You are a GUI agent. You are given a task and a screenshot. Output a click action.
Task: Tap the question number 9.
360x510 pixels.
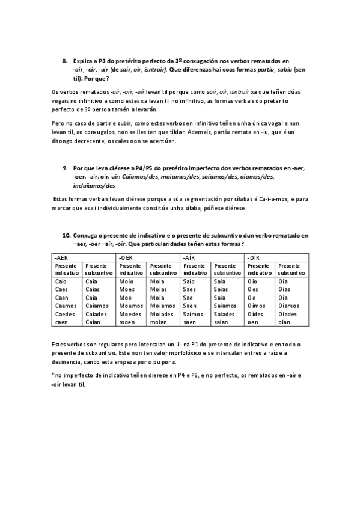pyautogui.click(x=64, y=169)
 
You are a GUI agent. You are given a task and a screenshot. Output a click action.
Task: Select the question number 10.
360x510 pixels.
pyautogui.click(x=66, y=235)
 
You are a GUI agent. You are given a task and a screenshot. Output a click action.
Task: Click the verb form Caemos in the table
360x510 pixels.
pyautogui.click(x=64, y=306)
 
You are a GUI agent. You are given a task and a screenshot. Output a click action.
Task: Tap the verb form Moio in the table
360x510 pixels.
pyautogui.click(x=126, y=281)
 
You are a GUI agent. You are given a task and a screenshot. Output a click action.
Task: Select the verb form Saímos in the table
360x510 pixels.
pyautogui.click(x=192, y=314)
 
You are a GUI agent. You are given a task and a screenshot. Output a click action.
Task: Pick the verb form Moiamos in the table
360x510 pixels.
pyautogui.click(x=161, y=306)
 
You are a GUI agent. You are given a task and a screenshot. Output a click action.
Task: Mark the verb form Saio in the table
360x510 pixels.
pyautogui.click(x=189, y=281)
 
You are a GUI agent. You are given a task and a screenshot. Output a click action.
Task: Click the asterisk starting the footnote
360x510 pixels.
pyautogui.click(x=53, y=375)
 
